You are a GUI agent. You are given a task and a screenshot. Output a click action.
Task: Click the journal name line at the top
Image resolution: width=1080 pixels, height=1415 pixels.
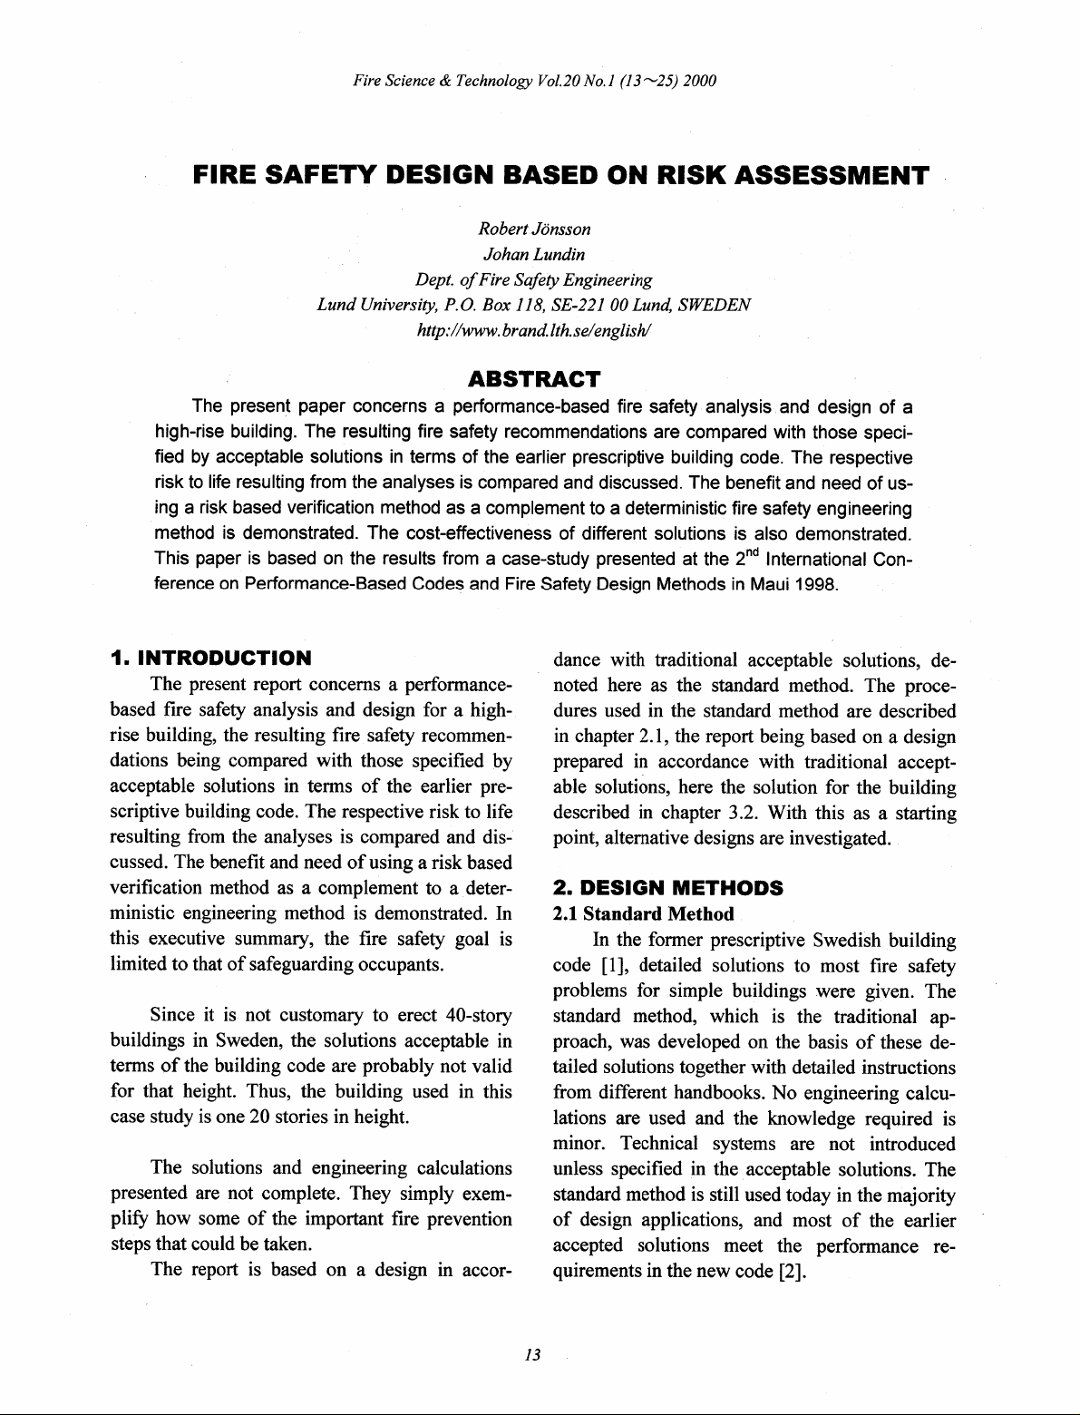click(x=535, y=82)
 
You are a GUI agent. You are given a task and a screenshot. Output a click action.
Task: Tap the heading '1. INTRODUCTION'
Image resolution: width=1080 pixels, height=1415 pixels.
click(x=209, y=657)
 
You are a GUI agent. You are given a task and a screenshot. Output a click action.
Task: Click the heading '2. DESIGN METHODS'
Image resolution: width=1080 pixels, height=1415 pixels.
click(x=667, y=887)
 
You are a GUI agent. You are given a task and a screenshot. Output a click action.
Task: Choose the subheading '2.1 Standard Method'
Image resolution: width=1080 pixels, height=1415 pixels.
click(x=643, y=913)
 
